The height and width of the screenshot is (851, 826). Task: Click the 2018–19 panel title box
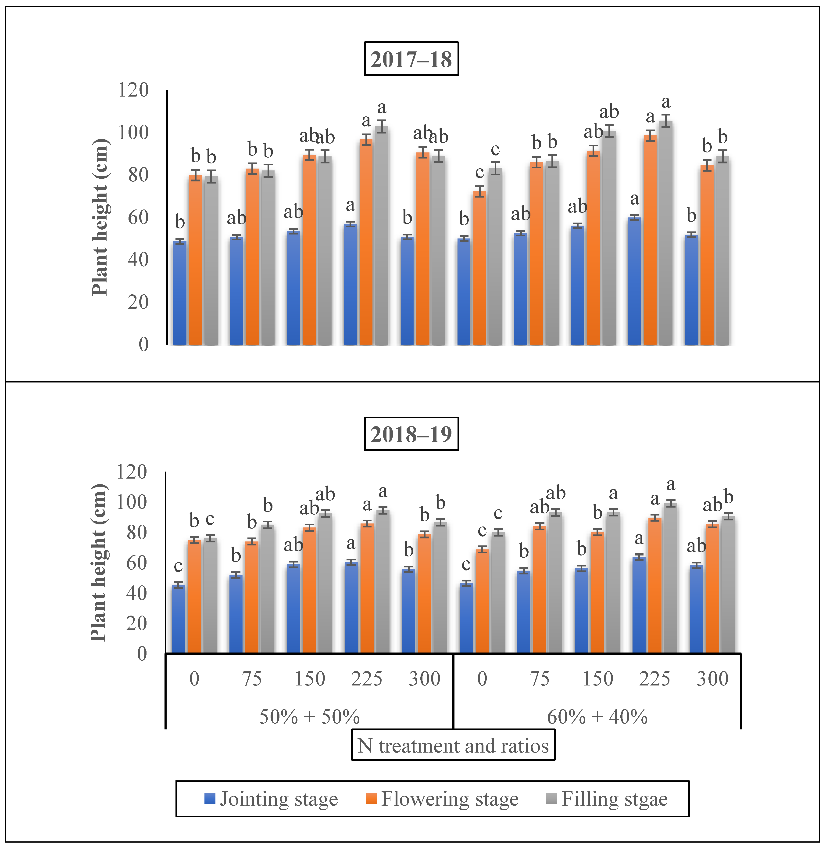pos(411,434)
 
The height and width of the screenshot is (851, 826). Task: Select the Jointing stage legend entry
pos(271,799)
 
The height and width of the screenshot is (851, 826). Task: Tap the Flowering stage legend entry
pos(442,799)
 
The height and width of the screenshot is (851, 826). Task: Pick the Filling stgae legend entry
pos(607,799)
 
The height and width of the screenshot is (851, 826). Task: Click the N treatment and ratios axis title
pos(453,746)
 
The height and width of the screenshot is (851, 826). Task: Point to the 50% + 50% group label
pos(309,716)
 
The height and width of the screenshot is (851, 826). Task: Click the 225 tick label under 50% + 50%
pos(367,679)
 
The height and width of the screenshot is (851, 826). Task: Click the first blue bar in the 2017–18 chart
pos(180,293)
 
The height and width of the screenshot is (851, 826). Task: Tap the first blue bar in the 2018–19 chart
pos(178,619)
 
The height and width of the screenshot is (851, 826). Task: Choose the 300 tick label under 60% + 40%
pos(712,679)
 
